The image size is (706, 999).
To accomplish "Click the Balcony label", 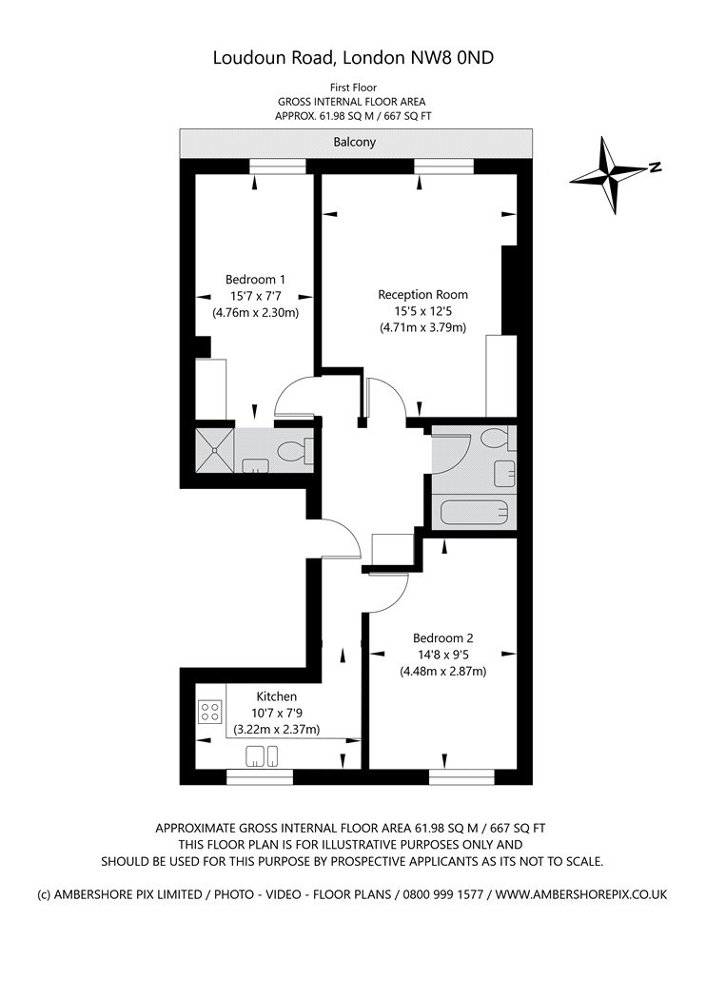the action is [x=354, y=142].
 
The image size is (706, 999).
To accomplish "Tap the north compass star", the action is [x=612, y=173].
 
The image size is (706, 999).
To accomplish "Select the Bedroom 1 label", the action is [x=255, y=279].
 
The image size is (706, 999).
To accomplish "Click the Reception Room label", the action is [x=423, y=294].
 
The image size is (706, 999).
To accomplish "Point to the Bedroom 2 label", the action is [x=442, y=637].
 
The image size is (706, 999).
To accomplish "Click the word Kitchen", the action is [x=277, y=696].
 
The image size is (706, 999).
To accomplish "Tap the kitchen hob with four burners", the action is [x=209, y=711].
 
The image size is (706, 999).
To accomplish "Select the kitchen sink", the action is [x=262, y=756].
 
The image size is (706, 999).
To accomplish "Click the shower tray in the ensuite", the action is [x=215, y=450].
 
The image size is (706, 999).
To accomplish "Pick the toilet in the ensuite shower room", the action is [x=295, y=451].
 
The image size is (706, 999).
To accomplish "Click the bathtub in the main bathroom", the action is [x=474, y=512].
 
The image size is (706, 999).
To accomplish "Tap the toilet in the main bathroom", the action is [x=497, y=439].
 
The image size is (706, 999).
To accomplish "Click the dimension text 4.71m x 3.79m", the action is [x=423, y=328].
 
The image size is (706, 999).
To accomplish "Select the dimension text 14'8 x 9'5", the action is [x=442, y=655].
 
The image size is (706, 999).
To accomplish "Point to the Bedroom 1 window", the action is [x=277, y=166].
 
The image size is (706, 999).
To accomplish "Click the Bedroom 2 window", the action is [x=461, y=776].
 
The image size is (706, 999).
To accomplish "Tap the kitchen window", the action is [x=260, y=776].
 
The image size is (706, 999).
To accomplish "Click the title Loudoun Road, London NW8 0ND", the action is [x=353, y=58].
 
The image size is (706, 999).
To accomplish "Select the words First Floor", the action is [x=353, y=88].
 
